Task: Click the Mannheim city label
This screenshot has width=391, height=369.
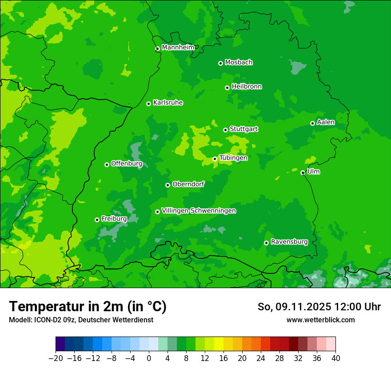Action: (178, 48)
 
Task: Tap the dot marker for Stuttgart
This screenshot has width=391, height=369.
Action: (225, 130)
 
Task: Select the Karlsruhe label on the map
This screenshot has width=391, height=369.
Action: (168, 103)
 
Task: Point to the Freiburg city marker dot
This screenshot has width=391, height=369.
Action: (97, 220)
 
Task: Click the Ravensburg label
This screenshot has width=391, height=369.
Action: (289, 242)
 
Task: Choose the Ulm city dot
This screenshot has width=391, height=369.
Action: (303, 172)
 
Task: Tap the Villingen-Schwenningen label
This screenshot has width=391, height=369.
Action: (199, 211)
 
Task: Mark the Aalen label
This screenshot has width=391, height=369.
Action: (326, 122)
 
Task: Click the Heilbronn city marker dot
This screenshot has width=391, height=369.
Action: (227, 88)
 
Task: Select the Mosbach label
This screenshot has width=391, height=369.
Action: (239, 63)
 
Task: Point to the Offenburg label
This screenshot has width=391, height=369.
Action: (127, 164)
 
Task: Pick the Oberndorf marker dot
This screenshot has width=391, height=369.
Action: (168, 185)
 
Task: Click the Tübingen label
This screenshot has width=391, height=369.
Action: (233, 158)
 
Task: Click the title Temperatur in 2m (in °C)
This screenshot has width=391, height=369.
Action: (88, 306)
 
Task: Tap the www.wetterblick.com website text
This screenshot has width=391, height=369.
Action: (320, 320)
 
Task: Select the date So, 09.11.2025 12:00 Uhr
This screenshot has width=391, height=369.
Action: (319, 307)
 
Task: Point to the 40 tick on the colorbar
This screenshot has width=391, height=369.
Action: (335, 358)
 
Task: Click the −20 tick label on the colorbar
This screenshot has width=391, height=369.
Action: (56, 358)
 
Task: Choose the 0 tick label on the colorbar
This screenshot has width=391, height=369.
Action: (149, 358)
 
